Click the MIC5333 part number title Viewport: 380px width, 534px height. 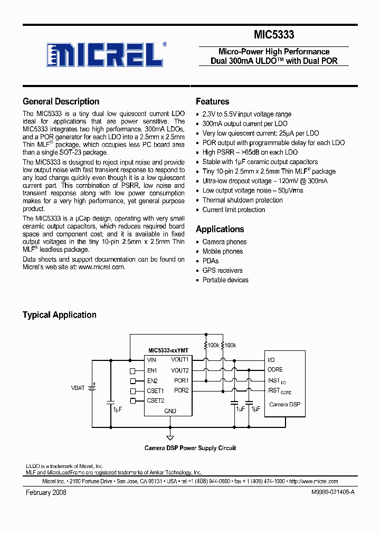click(274, 35)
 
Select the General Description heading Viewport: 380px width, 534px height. click(61, 102)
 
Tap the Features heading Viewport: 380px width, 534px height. click(212, 102)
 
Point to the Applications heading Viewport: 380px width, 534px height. click(220, 230)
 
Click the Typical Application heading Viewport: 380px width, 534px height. click(59, 315)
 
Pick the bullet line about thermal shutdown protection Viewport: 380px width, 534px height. click(242, 201)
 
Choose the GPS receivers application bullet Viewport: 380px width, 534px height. click(222, 271)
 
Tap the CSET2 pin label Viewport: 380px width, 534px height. click(156, 400)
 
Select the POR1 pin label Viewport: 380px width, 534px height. click(181, 380)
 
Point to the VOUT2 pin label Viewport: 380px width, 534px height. click(179, 370)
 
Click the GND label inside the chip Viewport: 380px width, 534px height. click(170, 411)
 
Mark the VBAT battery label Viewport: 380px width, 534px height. click(78, 388)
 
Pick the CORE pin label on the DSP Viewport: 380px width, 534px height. click(275, 370)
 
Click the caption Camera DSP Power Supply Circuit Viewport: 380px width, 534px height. click(190, 448)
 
